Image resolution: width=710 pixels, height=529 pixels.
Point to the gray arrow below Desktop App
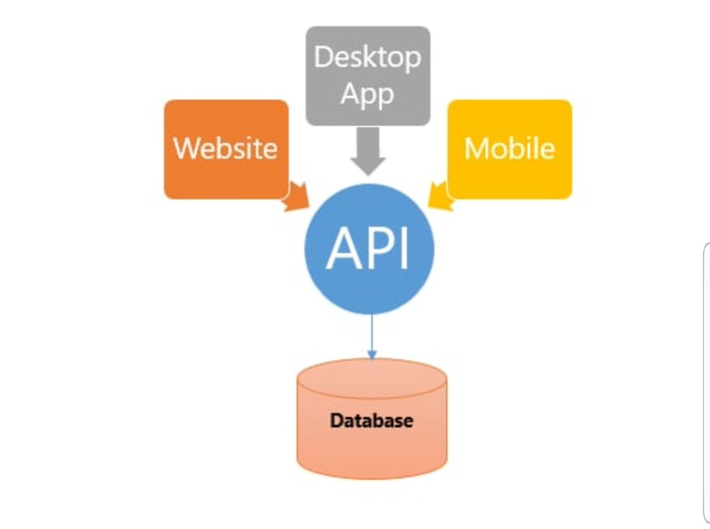point(367,151)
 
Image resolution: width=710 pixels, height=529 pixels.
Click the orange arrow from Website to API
point(296,198)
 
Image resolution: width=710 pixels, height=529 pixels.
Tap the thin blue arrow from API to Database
point(372,334)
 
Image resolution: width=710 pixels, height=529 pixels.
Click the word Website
point(225,148)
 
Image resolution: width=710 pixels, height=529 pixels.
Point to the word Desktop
point(367,57)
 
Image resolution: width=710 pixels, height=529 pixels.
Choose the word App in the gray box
point(367,95)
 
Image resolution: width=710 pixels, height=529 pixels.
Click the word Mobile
point(509,148)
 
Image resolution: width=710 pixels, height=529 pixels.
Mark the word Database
point(371,421)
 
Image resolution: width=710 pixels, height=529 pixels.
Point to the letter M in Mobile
point(476,148)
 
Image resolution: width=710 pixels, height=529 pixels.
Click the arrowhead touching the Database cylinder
point(372,355)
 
